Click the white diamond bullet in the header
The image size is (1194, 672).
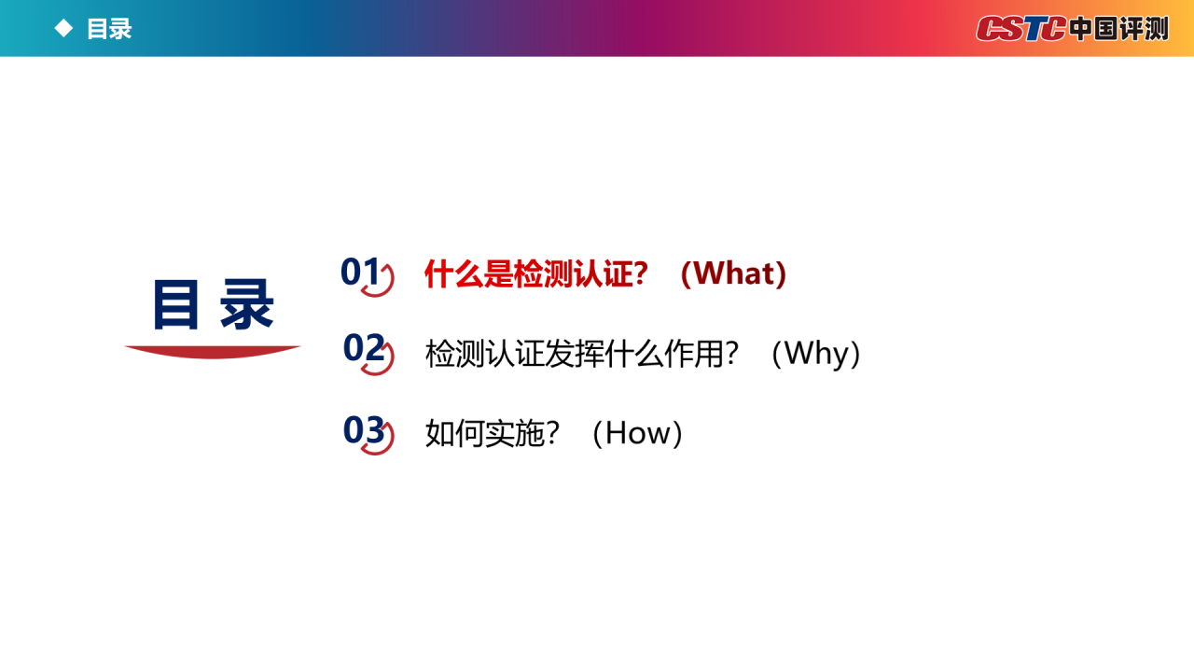(64, 28)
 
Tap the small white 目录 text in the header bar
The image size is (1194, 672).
(109, 29)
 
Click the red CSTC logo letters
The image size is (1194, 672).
(1020, 28)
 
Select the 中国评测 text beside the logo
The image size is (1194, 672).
(1118, 28)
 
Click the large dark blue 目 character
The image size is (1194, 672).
(176, 304)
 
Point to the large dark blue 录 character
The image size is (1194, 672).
(247, 304)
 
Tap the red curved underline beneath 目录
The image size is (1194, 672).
(213, 352)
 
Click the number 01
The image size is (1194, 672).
(360, 272)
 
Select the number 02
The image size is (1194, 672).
(364, 348)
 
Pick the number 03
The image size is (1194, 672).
(364, 430)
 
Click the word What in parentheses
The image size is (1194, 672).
(733, 273)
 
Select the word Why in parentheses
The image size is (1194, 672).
(816, 354)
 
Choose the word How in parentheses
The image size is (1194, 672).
(637, 432)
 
